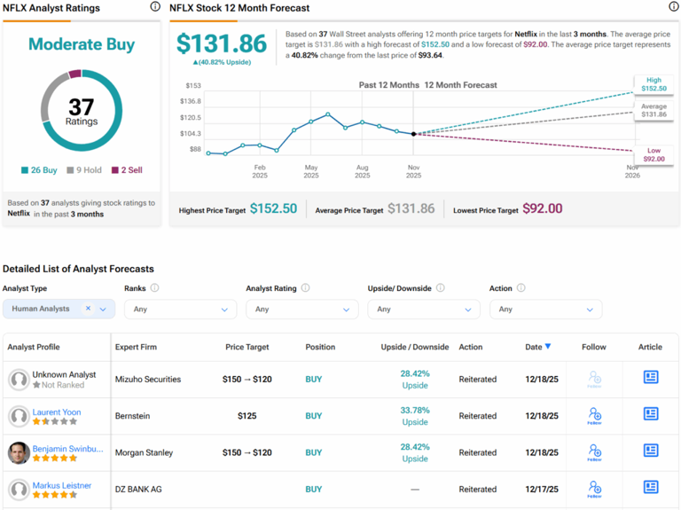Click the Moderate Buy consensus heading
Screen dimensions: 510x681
point(82,43)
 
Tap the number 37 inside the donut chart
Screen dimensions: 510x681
point(82,106)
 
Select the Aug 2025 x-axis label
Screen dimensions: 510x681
point(362,171)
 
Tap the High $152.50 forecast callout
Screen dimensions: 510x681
point(654,83)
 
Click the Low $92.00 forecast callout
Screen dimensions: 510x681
point(654,154)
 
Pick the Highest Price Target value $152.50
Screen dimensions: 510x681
point(273,208)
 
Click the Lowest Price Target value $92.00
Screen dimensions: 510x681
point(543,208)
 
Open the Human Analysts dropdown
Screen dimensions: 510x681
point(59,309)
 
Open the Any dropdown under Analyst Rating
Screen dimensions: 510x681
point(301,310)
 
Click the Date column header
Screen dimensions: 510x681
point(537,347)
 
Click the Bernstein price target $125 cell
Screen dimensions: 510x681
point(247,416)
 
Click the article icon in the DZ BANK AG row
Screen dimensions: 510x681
point(650,488)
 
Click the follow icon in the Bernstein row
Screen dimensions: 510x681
point(594,416)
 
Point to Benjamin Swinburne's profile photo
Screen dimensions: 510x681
point(18,452)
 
